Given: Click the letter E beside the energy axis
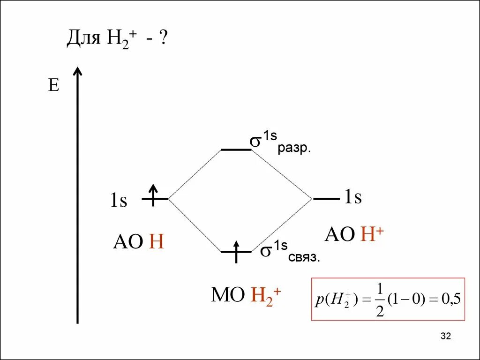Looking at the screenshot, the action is (x=54, y=86).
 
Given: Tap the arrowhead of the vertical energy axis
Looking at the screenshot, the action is (x=78, y=72).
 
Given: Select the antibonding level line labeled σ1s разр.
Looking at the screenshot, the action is (x=236, y=150).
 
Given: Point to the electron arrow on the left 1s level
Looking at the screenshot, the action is (x=153, y=193).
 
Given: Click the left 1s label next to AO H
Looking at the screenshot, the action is (x=119, y=201).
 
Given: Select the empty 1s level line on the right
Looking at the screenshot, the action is (x=326, y=199).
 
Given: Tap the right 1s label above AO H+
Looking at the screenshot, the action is (x=353, y=197).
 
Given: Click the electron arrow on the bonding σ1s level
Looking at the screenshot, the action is (x=236, y=249).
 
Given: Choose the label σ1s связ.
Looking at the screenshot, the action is (x=290, y=251).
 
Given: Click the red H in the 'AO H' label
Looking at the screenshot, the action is (x=156, y=242).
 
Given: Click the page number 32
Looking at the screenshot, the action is (x=445, y=336).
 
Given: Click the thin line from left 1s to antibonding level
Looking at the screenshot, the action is (x=195, y=174).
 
